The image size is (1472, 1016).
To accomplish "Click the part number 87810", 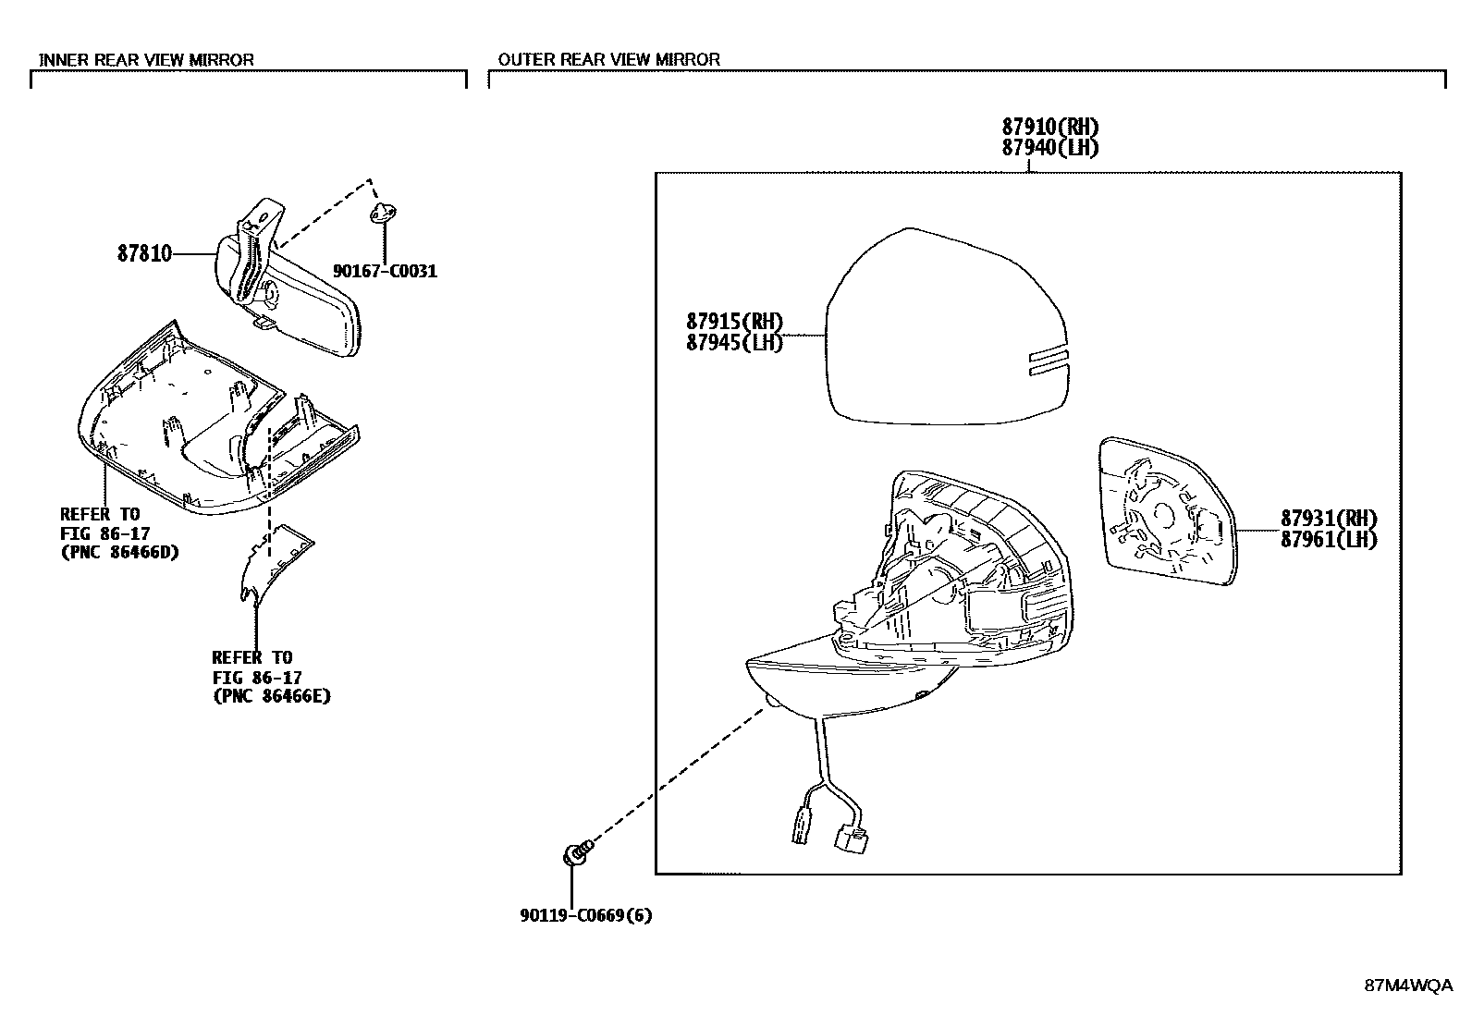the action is (x=144, y=253).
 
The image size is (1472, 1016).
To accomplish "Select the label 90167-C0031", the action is (x=385, y=272).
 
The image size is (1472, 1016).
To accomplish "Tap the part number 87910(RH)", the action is (x=1050, y=126).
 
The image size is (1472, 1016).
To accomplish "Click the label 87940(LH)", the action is (x=1050, y=147).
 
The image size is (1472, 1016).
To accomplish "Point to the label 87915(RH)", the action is (x=735, y=322).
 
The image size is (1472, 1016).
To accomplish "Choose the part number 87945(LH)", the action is (x=735, y=342).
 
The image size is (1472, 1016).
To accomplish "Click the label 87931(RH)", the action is (x=1329, y=519).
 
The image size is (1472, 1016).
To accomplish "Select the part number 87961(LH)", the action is (x=1329, y=540).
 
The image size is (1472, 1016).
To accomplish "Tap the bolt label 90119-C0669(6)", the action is (x=586, y=915).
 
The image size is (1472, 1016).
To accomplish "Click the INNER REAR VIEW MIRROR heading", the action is (x=146, y=60).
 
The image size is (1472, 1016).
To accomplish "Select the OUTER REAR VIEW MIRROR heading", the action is (x=609, y=60).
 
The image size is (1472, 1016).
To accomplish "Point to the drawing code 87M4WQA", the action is (x=1408, y=985).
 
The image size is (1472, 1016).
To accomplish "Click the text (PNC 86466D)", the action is (x=119, y=552).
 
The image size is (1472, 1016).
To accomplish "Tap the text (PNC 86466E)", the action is (x=272, y=696).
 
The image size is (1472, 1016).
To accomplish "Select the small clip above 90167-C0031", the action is (x=383, y=213).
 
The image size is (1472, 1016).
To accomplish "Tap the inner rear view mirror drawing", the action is (x=288, y=279).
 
